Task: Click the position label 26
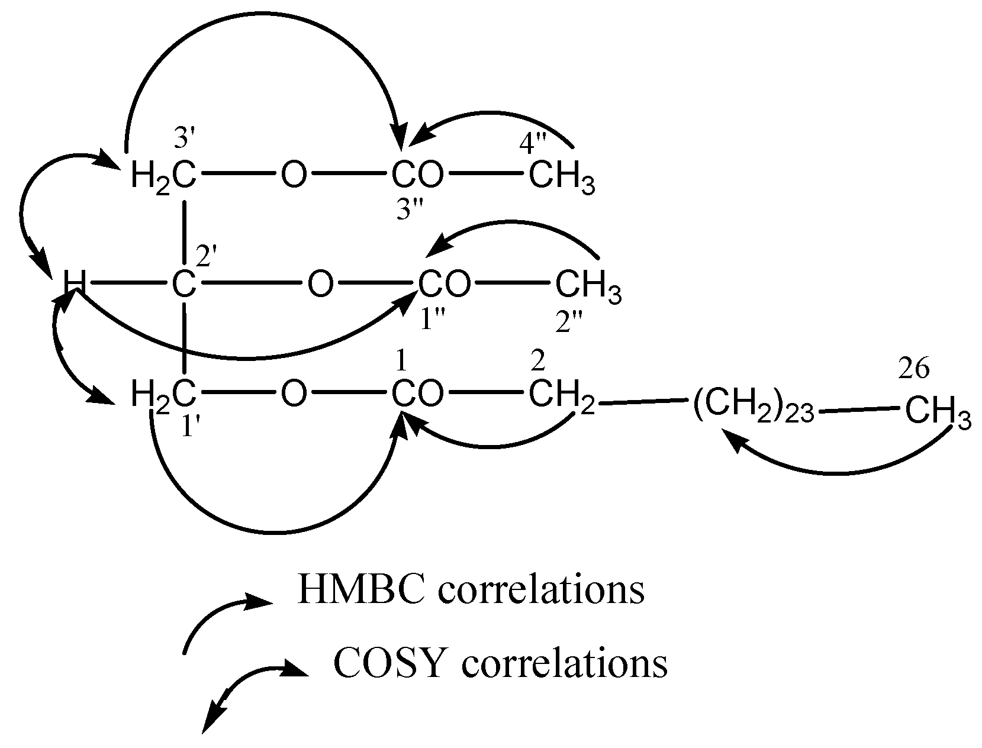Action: tap(913, 369)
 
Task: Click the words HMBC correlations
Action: tap(471, 591)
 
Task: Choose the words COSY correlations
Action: tap(500, 664)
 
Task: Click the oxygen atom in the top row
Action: tap(294, 175)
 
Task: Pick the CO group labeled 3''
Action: tap(417, 175)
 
